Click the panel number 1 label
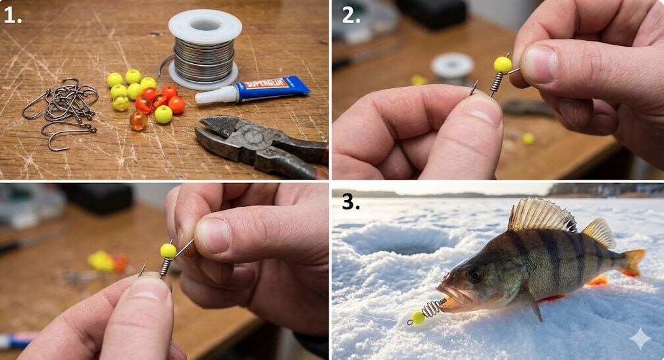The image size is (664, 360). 13,15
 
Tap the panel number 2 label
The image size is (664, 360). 351,15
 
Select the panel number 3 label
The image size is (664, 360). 351,203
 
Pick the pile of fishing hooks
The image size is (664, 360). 61,110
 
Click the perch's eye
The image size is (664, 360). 474,274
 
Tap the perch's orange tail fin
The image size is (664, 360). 634,262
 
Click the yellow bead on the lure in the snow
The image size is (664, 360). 419,317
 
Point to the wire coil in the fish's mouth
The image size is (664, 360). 432,309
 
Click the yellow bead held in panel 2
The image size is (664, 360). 503,64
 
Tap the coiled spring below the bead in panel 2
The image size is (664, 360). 496,82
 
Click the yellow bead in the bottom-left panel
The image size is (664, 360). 168,251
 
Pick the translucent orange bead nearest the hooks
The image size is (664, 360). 138,120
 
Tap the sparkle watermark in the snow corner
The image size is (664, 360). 640,338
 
